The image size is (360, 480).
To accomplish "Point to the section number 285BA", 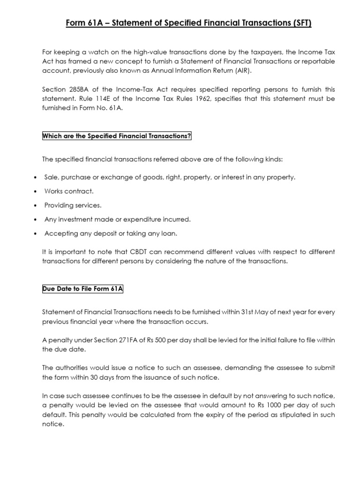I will [x=78, y=89].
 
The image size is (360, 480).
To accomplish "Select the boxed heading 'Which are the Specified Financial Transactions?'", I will [x=117, y=136].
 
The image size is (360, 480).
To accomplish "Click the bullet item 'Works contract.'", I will [x=69, y=191].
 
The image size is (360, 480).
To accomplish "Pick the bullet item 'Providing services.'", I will [x=73, y=205].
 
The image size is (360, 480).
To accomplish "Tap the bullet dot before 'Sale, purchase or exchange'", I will [x=37, y=178].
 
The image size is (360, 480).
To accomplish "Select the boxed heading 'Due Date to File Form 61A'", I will [x=82, y=289].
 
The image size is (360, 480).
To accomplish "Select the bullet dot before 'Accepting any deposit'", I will [x=37, y=233].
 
